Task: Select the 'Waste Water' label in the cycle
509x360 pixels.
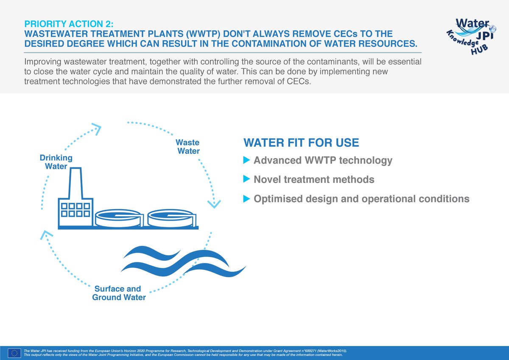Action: (188, 147)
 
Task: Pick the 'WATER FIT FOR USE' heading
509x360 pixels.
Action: (301, 143)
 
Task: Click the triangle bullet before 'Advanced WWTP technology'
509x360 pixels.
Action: (246, 160)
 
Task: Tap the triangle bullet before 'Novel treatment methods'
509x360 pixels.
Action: (246, 180)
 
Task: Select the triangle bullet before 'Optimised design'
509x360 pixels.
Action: (246, 199)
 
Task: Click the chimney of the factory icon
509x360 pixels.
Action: (75, 183)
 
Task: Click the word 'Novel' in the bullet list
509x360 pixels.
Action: (266, 180)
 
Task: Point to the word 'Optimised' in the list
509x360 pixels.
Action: (276, 199)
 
